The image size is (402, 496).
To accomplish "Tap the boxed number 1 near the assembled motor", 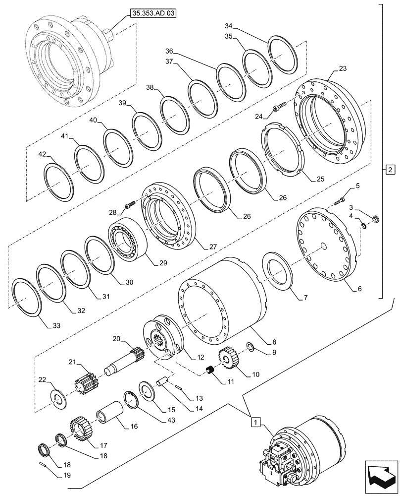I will (x=254, y=422).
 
